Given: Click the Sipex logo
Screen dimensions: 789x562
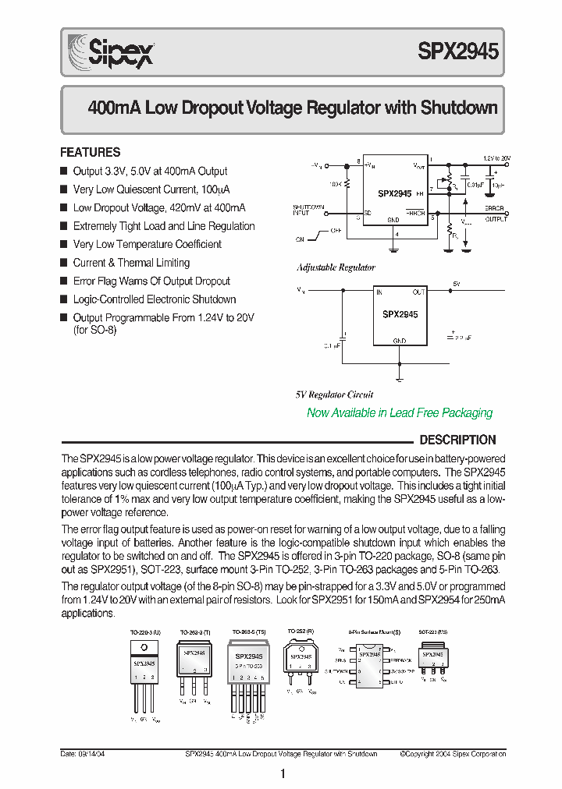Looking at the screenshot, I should pyautogui.click(x=110, y=52).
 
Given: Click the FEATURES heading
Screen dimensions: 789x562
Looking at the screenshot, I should pyautogui.click(x=91, y=152).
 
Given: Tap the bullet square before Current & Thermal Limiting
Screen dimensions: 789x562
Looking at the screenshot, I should pyautogui.click(x=64, y=263).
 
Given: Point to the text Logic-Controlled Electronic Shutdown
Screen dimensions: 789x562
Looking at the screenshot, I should pyautogui.click(x=154, y=299).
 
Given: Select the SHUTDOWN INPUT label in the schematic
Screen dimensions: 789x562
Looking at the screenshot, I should pyautogui.click(x=302, y=209).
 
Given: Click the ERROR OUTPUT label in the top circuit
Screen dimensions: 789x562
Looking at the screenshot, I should pyautogui.click(x=495, y=214).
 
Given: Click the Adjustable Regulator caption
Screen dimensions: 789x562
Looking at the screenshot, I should pyautogui.click(x=336, y=267).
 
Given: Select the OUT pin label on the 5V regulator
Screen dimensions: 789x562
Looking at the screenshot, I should pyautogui.click(x=419, y=292).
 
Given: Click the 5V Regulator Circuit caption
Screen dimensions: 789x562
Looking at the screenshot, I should pyautogui.click(x=334, y=394).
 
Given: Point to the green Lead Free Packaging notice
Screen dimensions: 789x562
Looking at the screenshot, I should pyautogui.click(x=400, y=412).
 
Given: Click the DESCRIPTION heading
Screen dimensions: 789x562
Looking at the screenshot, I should pyautogui.click(x=457, y=440).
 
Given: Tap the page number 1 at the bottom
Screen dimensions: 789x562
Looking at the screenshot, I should pyautogui.click(x=282, y=774).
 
